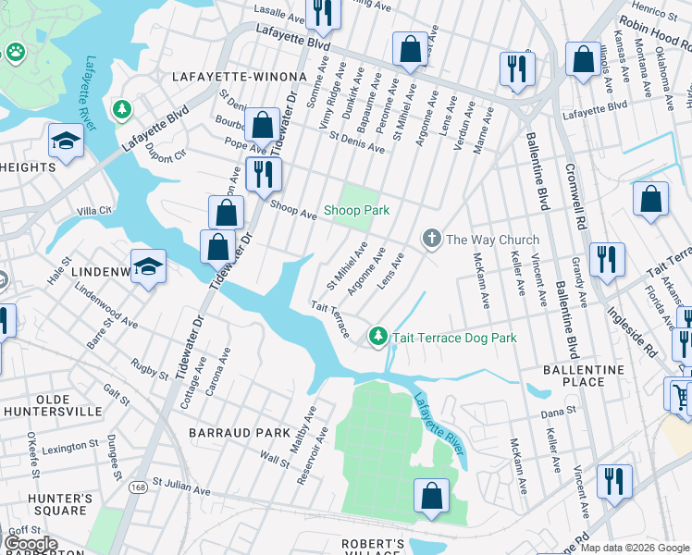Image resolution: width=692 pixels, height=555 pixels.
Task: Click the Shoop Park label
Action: (x=356, y=210)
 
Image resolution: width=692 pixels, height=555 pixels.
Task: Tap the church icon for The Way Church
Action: (x=431, y=240)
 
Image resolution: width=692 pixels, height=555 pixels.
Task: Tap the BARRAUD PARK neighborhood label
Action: (x=227, y=432)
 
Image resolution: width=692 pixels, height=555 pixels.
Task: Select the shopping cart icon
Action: (x=679, y=395)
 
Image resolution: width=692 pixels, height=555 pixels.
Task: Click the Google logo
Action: (x=31, y=544)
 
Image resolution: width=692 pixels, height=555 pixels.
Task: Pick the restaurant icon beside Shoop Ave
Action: (x=264, y=174)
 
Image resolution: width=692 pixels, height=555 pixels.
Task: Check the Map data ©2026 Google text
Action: (x=635, y=548)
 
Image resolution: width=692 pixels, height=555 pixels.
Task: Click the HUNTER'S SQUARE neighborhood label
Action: (x=60, y=506)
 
